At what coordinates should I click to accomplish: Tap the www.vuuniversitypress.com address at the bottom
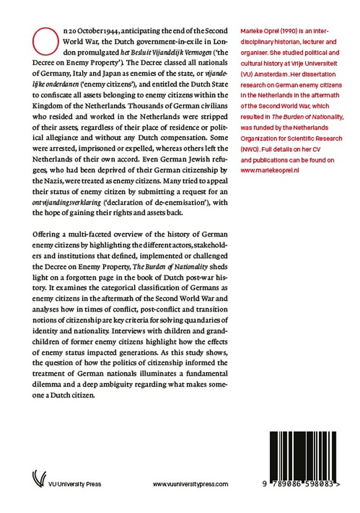coord(191,484)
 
